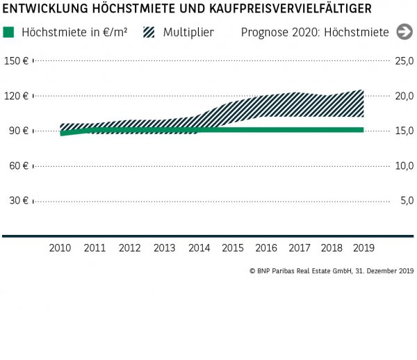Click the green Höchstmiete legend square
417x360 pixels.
[8, 33]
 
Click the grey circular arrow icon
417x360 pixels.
[404, 32]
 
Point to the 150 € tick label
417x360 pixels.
[15, 61]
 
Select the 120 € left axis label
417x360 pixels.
[15, 96]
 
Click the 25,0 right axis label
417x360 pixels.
[404, 61]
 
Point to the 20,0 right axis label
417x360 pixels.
[404, 96]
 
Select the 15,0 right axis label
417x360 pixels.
[404, 131]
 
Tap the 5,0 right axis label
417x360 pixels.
[406, 200]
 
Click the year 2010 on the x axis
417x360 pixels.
[60, 247]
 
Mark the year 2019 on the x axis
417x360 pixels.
[363, 247]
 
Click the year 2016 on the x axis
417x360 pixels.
[265, 247]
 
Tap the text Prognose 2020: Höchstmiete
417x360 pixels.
[315, 33]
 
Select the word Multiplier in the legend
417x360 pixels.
[188, 33]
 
